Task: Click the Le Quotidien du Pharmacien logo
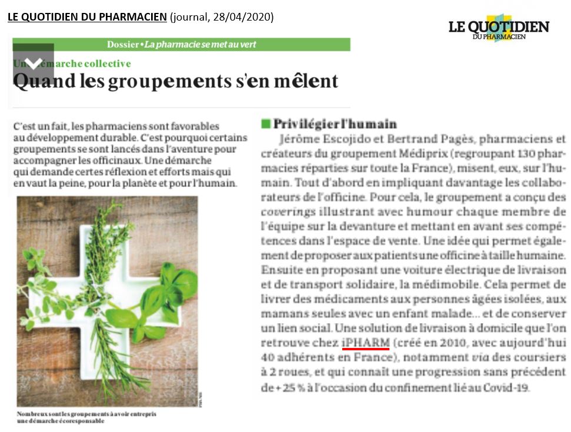click(499, 28)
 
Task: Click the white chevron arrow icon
click(34, 63)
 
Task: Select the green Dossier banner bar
click(181, 44)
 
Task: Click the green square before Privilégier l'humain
click(266, 124)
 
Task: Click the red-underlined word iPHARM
click(365, 342)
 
